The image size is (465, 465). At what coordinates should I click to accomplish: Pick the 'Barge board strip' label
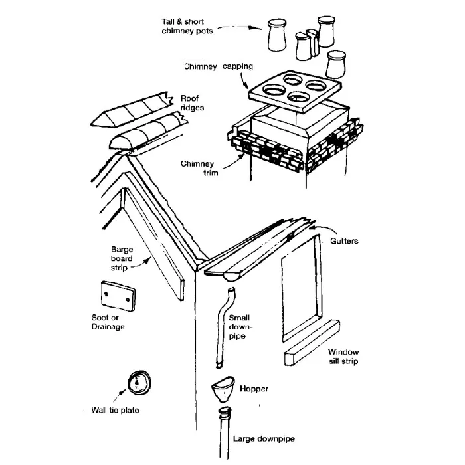tap(122, 259)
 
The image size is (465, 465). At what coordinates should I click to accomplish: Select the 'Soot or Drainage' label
tap(108, 322)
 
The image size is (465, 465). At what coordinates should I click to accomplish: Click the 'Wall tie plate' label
tap(115, 410)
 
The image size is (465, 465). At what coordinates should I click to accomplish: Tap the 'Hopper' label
tap(252, 389)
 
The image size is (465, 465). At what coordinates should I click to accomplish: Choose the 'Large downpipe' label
tap(264, 439)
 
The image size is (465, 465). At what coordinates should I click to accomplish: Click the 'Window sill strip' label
tap(343, 357)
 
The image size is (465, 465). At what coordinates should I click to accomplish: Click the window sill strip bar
tap(311, 343)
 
